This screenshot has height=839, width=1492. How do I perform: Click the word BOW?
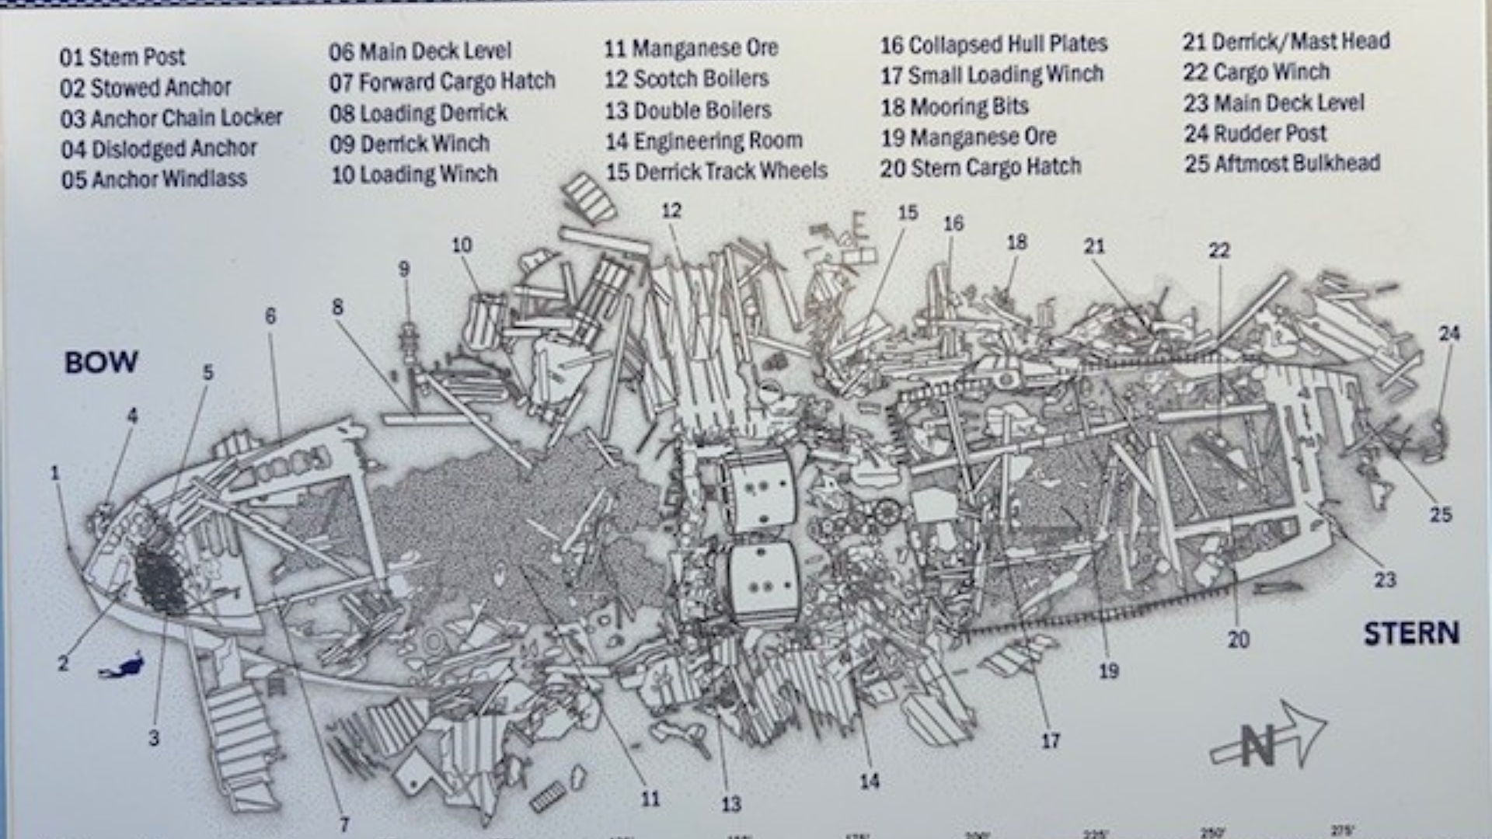click(101, 362)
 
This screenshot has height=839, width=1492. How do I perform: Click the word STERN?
click(1411, 634)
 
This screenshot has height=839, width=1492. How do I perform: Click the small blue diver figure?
click(123, 667)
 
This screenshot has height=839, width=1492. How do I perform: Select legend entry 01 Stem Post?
click(122, 57)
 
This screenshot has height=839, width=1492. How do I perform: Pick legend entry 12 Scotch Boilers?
click(686, 78)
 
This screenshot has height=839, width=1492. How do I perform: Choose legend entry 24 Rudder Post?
click(1255, 134)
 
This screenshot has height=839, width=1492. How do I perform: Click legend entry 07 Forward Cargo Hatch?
click(441, 82)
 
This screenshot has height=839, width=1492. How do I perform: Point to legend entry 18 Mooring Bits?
click(954, 106)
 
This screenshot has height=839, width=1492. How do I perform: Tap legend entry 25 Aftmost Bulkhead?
click(1282, 164)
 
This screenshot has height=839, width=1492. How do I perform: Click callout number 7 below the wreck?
click(344, 824)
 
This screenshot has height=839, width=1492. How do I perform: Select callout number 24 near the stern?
click(1448, 333)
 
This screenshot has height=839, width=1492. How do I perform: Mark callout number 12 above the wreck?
click(671, 210)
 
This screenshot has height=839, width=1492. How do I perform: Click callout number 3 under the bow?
click(154, 738)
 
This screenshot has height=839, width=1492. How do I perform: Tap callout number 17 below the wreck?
click(1051, 741)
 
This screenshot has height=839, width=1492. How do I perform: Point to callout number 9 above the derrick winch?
click(404, 269)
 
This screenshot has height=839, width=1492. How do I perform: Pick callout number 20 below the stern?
click(1239, 639)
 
